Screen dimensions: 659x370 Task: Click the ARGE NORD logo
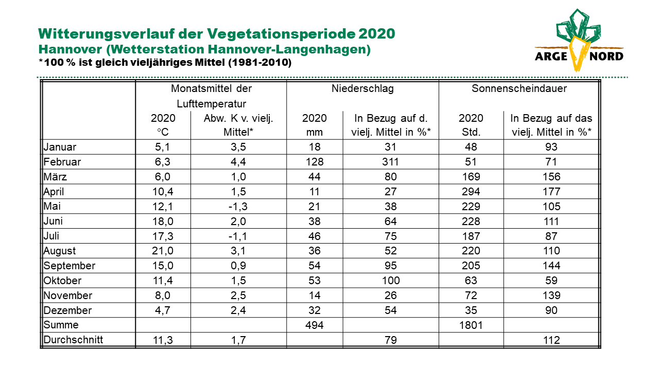[x=579, y=40]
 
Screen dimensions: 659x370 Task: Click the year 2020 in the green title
[x=376, y=33]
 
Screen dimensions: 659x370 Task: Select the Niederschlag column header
[x=362, y=88]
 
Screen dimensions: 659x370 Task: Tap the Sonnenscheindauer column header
[x=519, y=88]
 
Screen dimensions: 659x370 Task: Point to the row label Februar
[x=62, y=162]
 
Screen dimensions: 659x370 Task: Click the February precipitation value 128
[x=315, y=162]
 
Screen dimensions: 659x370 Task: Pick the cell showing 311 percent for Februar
[x=390, y=162]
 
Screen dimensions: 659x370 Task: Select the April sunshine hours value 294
[x=471, y=192]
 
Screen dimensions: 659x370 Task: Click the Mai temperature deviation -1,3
[x=238, y=207]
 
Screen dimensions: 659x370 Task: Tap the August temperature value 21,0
[x=163, y=251]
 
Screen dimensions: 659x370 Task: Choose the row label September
[x=70, y=266]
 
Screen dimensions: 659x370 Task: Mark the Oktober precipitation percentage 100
[x=391, y=281]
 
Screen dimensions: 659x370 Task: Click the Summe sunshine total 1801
[x=471, y=325]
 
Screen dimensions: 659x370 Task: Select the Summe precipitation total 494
[x=315, y=325]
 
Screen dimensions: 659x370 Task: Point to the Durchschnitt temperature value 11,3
[x=163, y=340]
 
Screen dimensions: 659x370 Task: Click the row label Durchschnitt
[x=73, y=340]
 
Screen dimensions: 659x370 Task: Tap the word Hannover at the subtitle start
[x=70, y=49]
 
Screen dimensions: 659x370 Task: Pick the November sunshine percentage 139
[x=551, y=295]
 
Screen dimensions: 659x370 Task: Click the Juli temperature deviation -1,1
[x=238, y=236]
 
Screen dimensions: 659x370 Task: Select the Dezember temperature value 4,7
[x=163, y=310]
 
